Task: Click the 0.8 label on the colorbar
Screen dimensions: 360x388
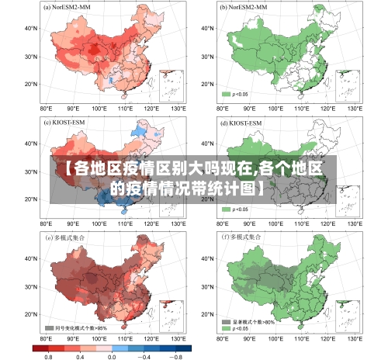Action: coord(48,355)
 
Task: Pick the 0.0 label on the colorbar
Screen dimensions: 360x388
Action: coord(112,355)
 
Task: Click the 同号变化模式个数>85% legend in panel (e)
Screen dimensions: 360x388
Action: coord(77,327)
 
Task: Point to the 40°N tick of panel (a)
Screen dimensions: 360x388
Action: coord(32,29)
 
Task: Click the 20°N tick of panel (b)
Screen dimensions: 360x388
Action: coord(206,84)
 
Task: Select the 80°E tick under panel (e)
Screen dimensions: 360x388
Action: coord(46,339)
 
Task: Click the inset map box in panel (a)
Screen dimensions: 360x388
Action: coord(171,85)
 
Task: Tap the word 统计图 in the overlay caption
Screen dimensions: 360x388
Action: coord(234,188)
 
